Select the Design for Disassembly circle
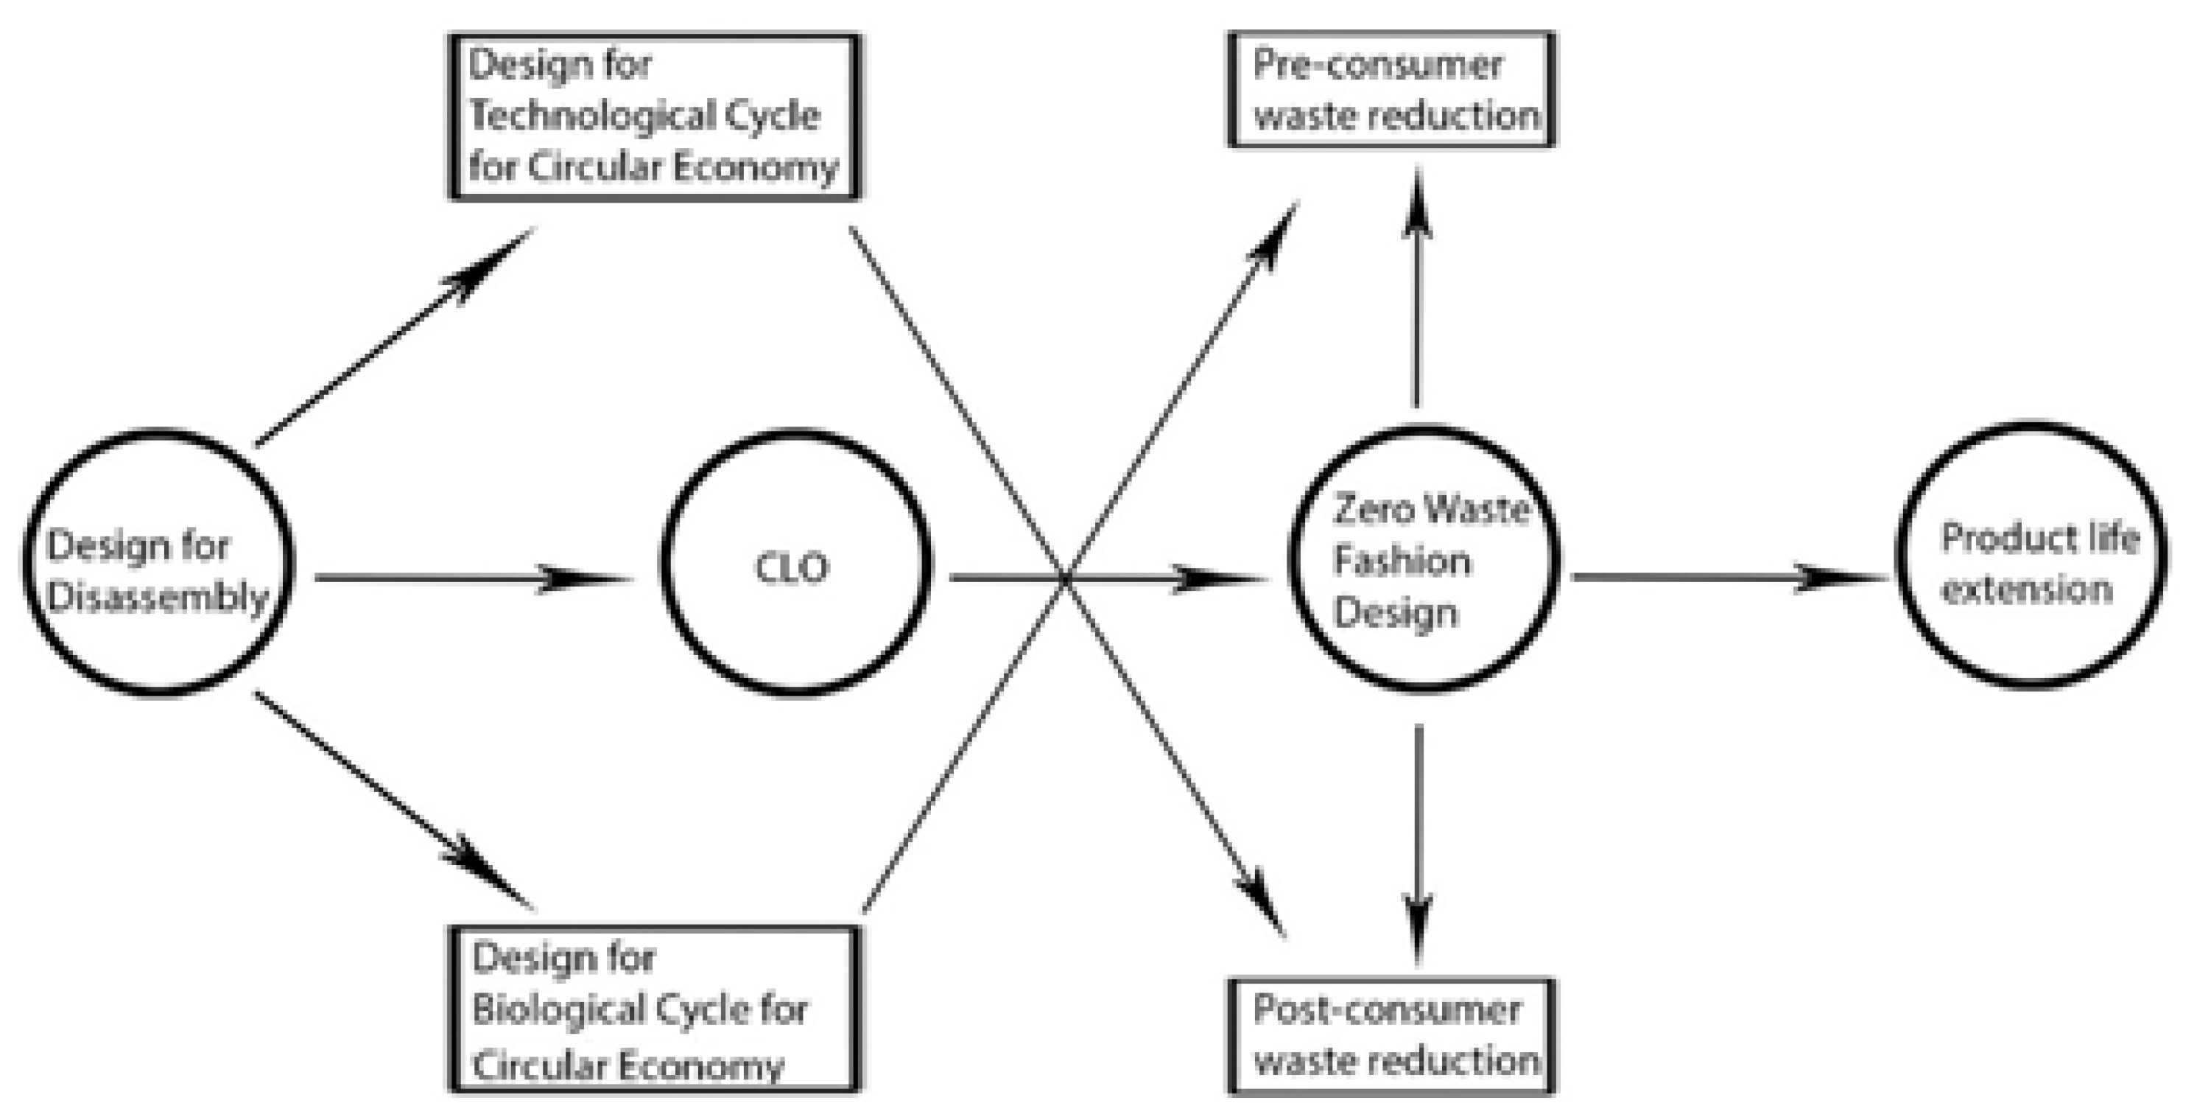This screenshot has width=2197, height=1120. click(x=158, y=563)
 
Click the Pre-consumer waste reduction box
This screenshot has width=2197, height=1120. click(x=1392, y=90)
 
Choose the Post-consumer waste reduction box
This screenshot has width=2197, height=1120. click(x=1392, y=1035)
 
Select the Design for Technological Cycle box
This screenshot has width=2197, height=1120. click(x=654, y=117)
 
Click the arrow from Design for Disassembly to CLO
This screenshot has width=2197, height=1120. click(x=474, y=578)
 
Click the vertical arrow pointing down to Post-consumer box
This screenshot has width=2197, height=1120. click(x=1419, y=844)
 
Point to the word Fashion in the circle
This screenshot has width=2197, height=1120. click(x=1402, y=561)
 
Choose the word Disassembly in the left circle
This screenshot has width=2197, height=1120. click(x=158, y=597)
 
